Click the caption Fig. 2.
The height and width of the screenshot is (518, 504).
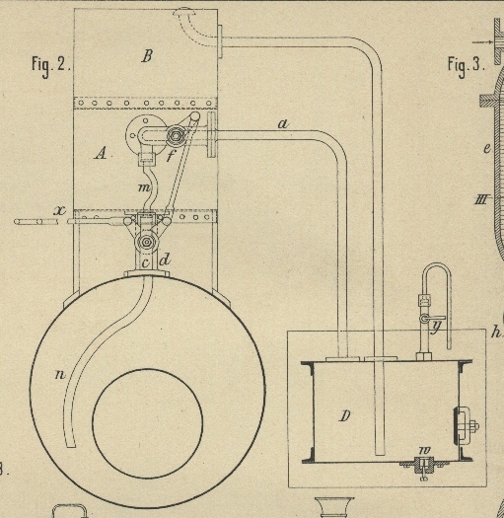(x=51, y=65)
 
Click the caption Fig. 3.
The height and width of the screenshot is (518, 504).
(x=466, y=65)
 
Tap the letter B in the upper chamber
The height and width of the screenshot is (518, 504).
(x=147, y=56)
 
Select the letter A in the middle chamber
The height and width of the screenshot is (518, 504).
(x=101, y=153)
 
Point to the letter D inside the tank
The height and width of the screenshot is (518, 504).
(x=344, y=416)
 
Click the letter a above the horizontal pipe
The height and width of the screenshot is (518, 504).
(x=283, y=124)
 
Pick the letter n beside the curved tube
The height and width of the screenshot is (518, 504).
(x=60, y=374)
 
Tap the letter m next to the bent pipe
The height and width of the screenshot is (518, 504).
(x=144, y=187)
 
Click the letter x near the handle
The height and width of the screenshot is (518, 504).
(x=60, y=210)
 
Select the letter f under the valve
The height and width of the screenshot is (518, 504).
(x=171, y=155)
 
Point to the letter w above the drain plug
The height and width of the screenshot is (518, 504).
(x=424, y=450)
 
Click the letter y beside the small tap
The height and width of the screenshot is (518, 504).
(x=437, y=327)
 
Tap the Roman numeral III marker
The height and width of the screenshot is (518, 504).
(x=481, y=200)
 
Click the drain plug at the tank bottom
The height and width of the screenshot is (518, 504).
(x=424, y=466)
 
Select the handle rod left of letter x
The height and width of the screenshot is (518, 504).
(x=36, y=222)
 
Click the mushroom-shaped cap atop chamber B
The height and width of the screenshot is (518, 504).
(x=184, y=13)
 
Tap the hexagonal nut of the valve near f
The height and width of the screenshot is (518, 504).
(x=175, y=135)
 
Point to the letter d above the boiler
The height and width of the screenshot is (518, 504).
(x=165, y=260)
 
